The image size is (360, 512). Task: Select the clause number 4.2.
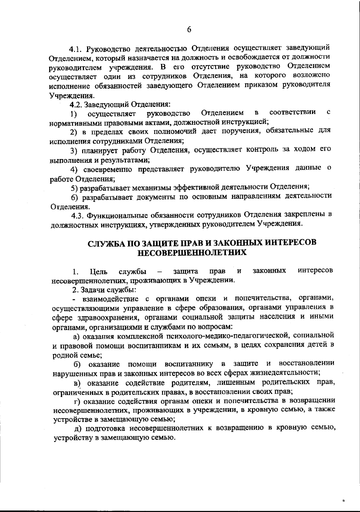coord(75,105)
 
